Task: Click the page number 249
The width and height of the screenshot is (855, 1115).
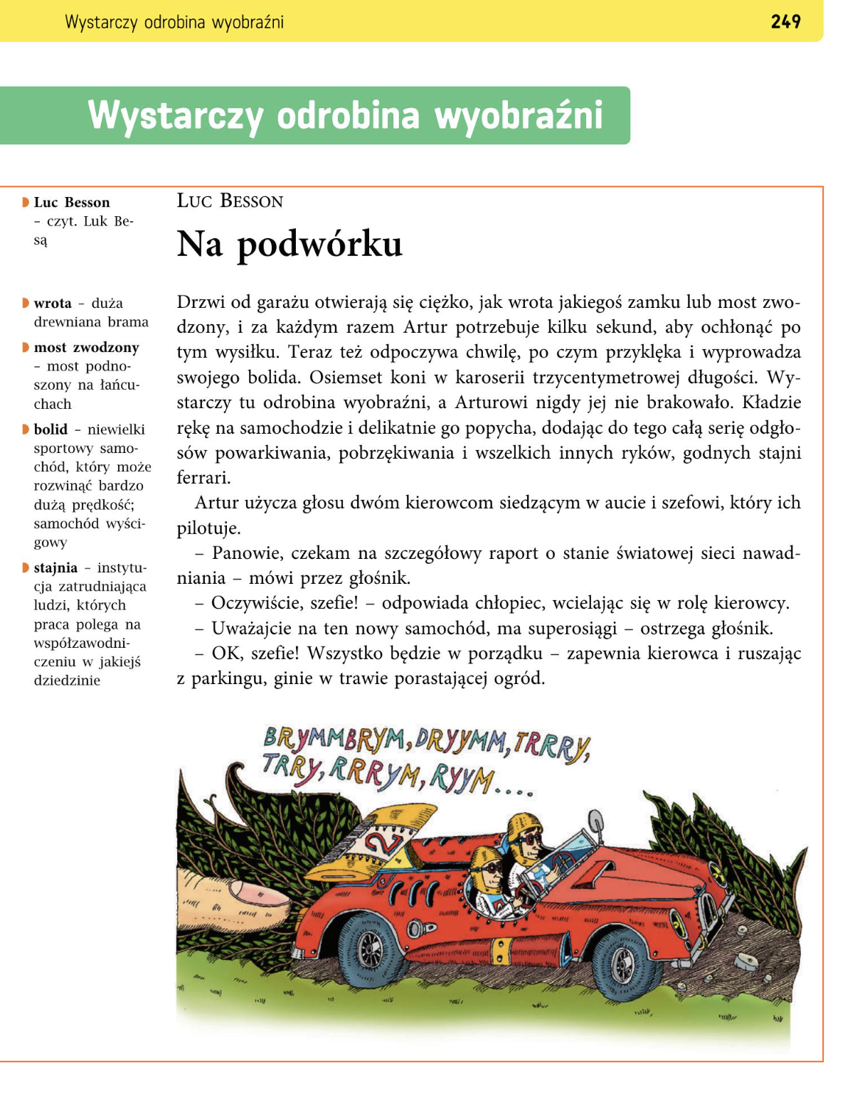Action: point(785,22)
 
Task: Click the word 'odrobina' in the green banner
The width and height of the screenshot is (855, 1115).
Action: point(348,116)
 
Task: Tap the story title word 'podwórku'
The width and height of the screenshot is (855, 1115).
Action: point(319,245)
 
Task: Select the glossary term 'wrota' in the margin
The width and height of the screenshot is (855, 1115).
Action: point(53,304)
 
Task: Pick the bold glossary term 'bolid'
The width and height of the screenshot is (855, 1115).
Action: point(51,430)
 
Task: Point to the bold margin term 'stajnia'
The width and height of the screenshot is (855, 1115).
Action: point(55,568)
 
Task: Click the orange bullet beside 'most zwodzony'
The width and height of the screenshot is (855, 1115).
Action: point(26,348)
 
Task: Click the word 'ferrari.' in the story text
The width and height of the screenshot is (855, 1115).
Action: point(204,478)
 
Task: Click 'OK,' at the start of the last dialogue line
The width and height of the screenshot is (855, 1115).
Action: point(227,653)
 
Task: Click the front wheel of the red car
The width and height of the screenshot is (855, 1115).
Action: point(623,964)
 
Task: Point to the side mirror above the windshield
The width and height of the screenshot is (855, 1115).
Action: point(595,824)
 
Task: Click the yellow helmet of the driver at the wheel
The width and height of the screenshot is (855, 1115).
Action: point(525,826)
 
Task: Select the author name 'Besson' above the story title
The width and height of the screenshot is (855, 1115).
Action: point(252,202)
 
